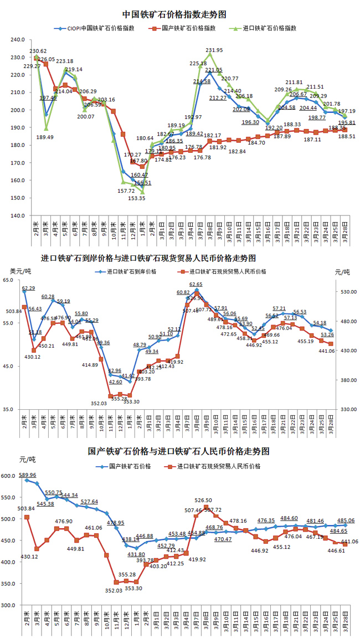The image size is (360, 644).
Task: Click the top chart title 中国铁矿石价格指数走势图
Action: point(174,14)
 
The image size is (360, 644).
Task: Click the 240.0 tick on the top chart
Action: point(17,40)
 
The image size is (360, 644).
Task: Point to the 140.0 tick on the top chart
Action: point(17,215)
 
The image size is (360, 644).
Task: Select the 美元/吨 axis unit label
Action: point(21,271)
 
